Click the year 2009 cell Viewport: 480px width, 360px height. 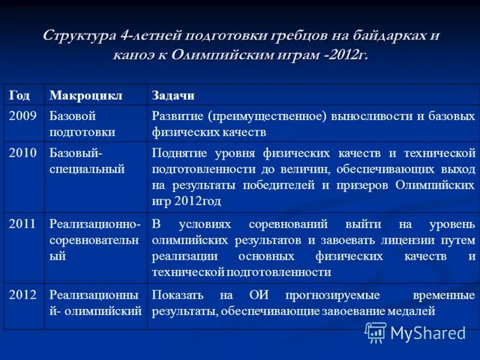click(22, 116)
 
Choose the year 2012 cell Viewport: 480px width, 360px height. click(22, 295)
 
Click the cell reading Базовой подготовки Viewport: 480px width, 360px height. click(82, 124)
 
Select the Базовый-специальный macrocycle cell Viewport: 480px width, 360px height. click(87, 160)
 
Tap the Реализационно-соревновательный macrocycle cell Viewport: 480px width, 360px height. click(95, 239)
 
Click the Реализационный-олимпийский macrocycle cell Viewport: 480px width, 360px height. click(95, 302)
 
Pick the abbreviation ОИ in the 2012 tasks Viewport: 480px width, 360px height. click(257, 295)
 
